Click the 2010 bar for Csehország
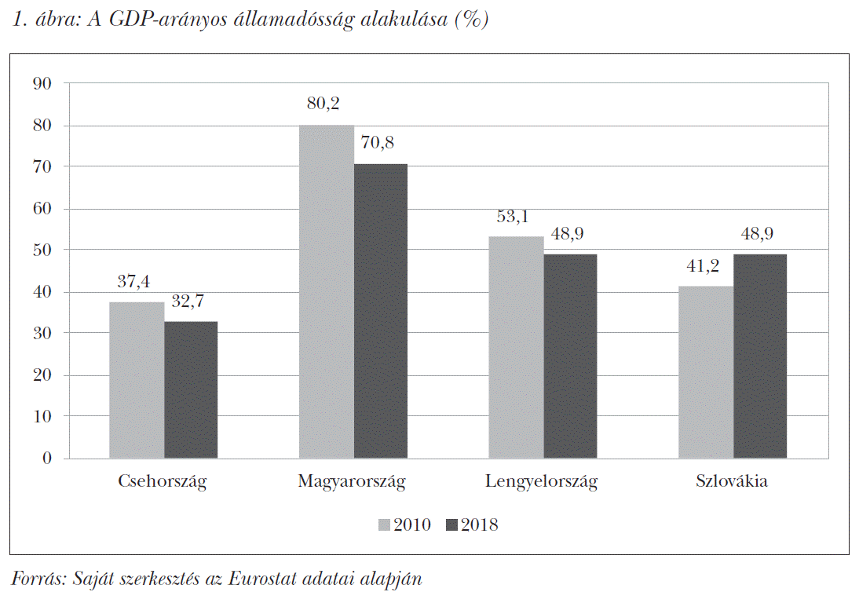click(x=137, y=380)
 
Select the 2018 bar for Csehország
click(x=191, y=389)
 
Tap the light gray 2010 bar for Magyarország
click(x=326, y=291)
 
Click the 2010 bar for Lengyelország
click(x=516, y=347)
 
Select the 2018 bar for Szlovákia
click(x=760, y=356)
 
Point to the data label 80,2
click(x=323, y=104)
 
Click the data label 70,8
click(x=378, y=143)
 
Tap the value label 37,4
click(x=134, y=281)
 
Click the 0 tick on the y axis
click(x=47, y=459)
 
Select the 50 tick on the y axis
click(x=42, y=250)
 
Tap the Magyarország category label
click(x=352, y=481)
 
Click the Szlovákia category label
click(x=731, y=481)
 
